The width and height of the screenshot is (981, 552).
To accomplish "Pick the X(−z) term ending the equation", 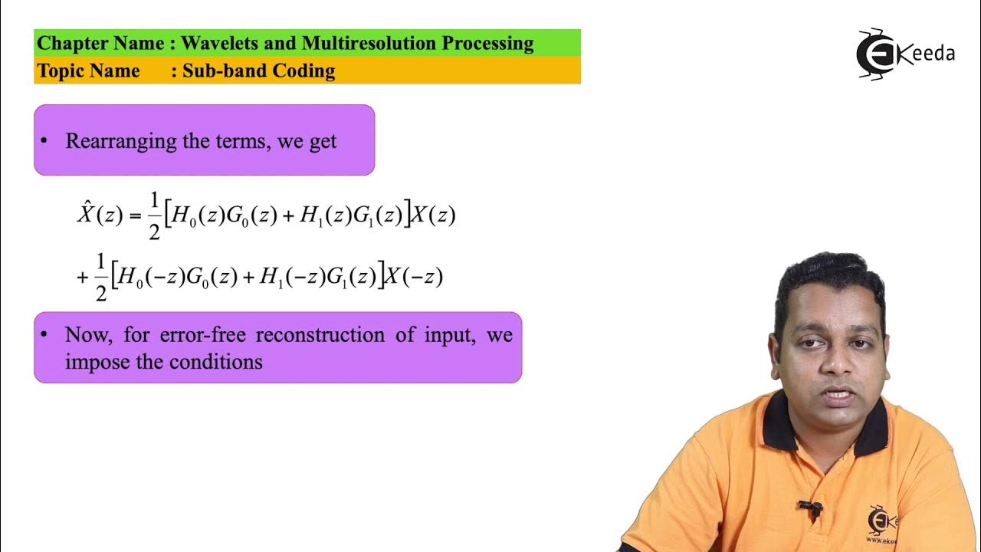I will click(x=413, y=278).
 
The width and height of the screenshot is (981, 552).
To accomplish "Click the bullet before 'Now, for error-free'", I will click(x=44, y=335).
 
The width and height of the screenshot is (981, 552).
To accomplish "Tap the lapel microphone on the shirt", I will click(x=809, y=508).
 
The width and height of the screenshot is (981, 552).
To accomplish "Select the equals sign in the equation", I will click(x=136, y=216).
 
